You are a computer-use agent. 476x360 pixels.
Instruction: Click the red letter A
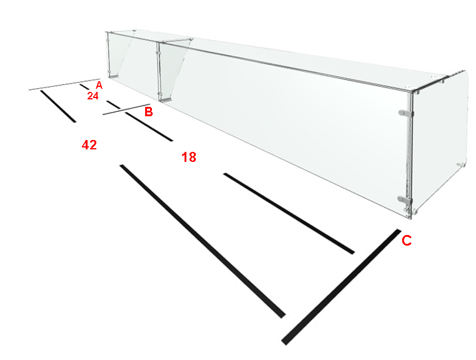(x=99, y=85)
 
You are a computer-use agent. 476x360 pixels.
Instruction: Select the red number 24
(x=93, y=96)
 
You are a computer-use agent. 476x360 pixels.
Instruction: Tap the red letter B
(x=148, y=112)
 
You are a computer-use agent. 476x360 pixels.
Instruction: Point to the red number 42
(x=89, y=145)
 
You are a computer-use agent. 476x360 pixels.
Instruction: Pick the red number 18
(x=189, y=157)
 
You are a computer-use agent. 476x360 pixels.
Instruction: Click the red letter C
(x=407, y=241)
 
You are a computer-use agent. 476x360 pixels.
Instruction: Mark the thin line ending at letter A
(x=64, y=84)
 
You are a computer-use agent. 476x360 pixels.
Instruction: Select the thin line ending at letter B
(x=126, y=109)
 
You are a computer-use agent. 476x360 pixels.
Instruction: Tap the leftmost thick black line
(x=58, y=106)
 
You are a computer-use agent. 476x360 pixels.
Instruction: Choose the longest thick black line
(x=203, y=241)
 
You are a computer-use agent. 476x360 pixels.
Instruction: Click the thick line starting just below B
(x=149, y=126)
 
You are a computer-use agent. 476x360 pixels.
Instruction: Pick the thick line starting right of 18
(x=289, y=214)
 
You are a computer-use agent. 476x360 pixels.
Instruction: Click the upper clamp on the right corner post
(x=405, y=113)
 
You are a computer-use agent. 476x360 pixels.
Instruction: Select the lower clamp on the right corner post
(x=405, y=199)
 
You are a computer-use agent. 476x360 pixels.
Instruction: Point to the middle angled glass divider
(x=173, y=69)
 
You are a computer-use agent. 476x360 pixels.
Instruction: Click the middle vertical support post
(x=158, y=71)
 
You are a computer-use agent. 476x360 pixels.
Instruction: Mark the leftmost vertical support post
(x=109, y=54)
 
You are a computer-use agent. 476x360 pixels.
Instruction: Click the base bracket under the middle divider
(x=166, y=99)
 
